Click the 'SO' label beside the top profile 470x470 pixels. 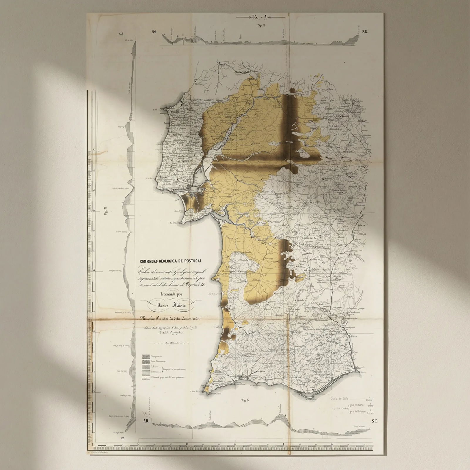(154, 32)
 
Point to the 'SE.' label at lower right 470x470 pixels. (374, 421)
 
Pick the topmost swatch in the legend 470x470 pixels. (146, 356)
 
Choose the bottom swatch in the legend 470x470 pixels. (146, 377)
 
